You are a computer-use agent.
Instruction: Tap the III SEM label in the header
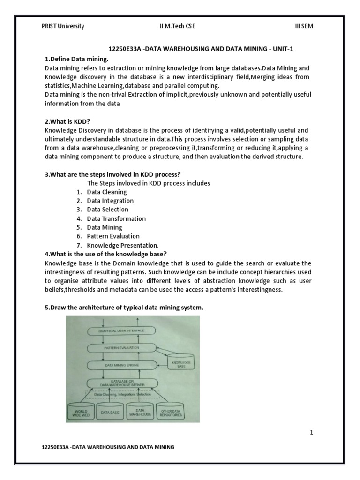pos(303,26)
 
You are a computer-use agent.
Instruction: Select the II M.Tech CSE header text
pos(177,26)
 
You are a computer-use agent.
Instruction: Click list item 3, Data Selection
pos(107,210)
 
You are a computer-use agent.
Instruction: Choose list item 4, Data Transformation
pos(116,218)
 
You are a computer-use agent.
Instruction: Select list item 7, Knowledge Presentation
pos(123,245)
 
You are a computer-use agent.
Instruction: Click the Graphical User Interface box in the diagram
pos(121,330)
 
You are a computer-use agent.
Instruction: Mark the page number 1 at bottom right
pos(311,433)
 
